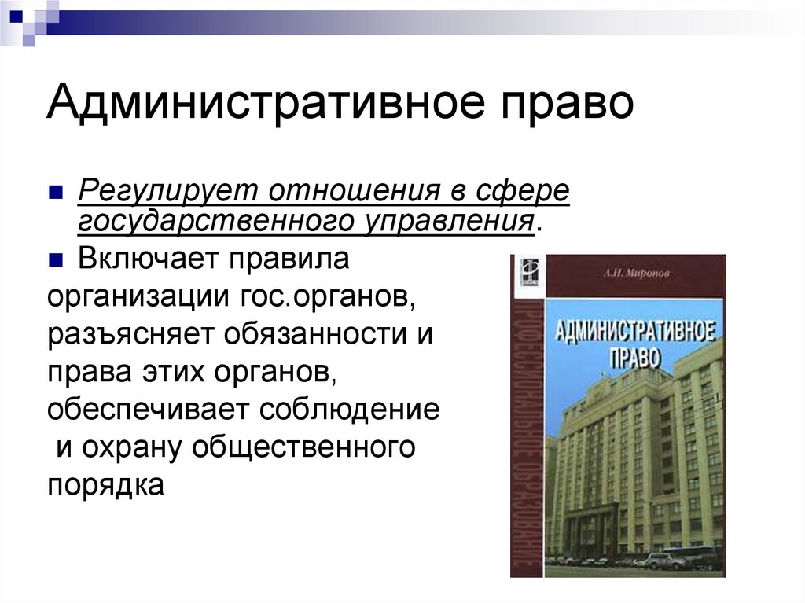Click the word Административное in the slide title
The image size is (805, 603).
pyautogui.click(x=240, y=104)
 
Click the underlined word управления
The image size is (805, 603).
pyautogui.click(x=448, y=221)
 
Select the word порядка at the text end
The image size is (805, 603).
pyautogui.click(x=105, y=484)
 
